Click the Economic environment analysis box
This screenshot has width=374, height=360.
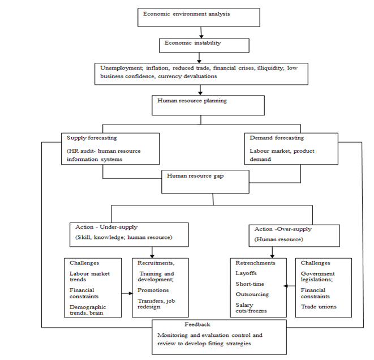[199, 18]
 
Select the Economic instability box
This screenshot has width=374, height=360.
[204, 45]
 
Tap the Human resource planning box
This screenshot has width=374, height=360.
[208, 105]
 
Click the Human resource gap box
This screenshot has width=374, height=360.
[205, 182]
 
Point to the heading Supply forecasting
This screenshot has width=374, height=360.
[92, 138]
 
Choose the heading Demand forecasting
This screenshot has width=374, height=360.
[277, 138]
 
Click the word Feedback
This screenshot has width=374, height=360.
[197, 324]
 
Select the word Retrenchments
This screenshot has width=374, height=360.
[255, 263]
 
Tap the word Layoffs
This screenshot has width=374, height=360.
[246, 273]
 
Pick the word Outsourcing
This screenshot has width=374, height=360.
[252, 294]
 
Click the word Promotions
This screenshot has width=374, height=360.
[153, 290]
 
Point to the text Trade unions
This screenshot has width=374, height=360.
[319, 307]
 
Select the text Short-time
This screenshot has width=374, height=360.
[250, 284]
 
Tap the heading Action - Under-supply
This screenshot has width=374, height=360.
[106, 227]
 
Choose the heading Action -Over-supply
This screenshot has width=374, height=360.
[283, 229]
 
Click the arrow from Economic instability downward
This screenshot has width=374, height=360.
[199, 58]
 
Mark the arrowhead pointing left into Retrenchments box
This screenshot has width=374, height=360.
[286, 286]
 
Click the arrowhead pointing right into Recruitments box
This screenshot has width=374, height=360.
[131, 293]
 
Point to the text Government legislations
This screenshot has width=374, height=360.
[318, 277]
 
